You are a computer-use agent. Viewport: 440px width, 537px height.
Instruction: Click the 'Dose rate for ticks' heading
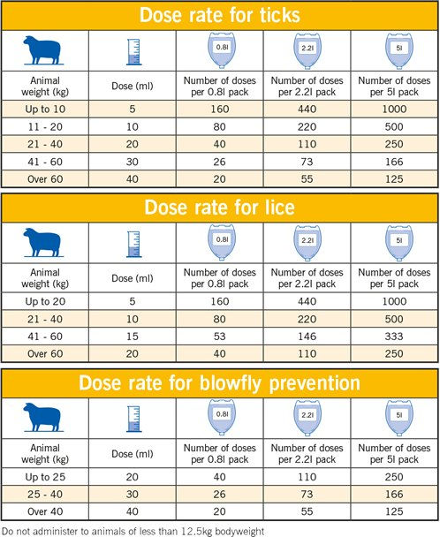pyautogui.click(x=220, y=15)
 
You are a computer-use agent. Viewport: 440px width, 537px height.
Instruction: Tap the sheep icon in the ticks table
pyautogui.click(x=43, y=50)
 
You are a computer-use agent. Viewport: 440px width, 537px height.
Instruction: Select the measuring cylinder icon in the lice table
pyautogui.click(x=133, y=244)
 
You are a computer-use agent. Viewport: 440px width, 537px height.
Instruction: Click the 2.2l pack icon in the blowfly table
pyautogui.click(x=307, y=418)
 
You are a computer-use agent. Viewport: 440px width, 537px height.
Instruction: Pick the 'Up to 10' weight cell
pyautogui.click(x=45, y=110)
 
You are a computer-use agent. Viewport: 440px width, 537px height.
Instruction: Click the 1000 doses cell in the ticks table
pyautogui.click(x=394, y=110)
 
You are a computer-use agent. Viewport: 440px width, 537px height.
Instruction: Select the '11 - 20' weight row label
pyautogui.click(x=45, y=127)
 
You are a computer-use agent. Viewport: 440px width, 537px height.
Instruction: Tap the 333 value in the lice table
pyautogui.click(x=394, y=337)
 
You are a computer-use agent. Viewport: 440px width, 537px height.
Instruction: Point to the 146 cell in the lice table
pyautogui.click(x=307, y=337)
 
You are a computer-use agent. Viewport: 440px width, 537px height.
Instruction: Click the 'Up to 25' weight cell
pyautogui.click(x=45, y=477)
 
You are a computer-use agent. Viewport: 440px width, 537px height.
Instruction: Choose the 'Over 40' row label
pyautogui.click(x=45, y=511)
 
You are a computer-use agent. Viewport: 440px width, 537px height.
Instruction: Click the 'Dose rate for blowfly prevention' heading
pyautogui.click(x=220, y=383)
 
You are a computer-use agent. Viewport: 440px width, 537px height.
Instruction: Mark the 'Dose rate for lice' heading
pyautogui.click(x=220, y=208)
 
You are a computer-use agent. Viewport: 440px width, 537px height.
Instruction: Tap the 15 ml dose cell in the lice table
pyautogui.click(x=133, y=337)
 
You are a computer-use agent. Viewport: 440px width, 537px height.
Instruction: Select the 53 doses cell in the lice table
pyautogui.click(x=220, y=337)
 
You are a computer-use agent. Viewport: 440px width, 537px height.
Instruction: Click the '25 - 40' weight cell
pyautogui.click(x=45, y=495)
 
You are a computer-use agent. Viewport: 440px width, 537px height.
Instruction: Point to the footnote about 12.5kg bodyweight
pyautogui.click(x=133, y=532)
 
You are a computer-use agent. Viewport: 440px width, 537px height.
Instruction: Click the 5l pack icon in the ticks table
pyautogui.click(x=399, y=50)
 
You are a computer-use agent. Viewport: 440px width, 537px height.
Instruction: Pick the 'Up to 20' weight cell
pyautogui.click(x=45, y=301)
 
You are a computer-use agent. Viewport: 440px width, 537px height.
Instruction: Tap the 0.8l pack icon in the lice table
pyautogui.click(x=222, y=243)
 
